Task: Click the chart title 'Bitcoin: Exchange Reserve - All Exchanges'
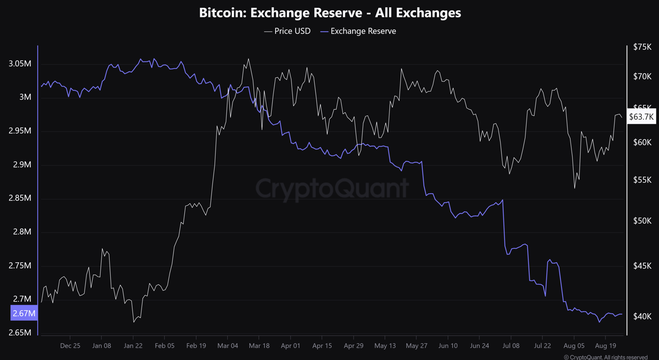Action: [x=329, y=13]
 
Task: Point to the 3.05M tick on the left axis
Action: [x=20, y=64]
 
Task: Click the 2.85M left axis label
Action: [x=20, y=198]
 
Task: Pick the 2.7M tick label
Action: [x=22, y=299]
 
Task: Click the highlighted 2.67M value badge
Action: [x=24, y=313]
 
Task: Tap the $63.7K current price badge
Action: [x=641, y=117]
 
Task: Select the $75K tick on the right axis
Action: [x=643, y=47]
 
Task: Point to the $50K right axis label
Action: [x=643, y=221]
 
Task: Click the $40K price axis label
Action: [x=643, y=317]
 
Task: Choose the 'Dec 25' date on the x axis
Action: [x=70, y=346]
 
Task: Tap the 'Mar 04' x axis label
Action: [x=227, y=346]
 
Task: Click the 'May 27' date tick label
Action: [x=416, y=346]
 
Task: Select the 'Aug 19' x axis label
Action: [x=605, y=346]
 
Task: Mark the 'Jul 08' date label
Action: [x=511, y=346]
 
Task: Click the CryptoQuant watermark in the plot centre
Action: [x=332, y=188]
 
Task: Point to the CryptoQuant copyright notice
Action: [x=605, y=357]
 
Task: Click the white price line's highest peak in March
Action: [x=248, y=59]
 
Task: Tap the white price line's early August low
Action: [x=575, y=188]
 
